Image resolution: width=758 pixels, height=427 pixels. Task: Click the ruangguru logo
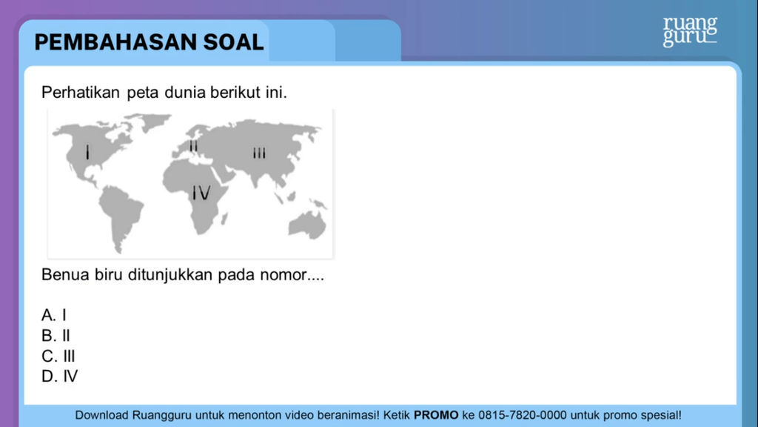coord(690,31)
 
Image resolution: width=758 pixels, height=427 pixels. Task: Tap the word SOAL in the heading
coord(233,42)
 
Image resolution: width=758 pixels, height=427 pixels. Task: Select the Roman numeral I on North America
coord(87,153)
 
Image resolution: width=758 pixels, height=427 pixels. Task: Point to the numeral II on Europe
coord(193,146)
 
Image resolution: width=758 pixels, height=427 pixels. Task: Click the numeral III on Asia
coord(259,154)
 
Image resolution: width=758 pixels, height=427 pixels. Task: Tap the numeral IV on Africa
coord(201,193)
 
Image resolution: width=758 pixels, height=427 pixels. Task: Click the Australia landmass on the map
coord(307,225)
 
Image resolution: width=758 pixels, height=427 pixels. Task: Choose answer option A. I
coord(53,315)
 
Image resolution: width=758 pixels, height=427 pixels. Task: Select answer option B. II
coord(56,336)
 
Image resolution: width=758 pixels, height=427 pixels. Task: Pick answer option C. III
coord(58,357)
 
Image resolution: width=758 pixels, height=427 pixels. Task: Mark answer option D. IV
coord(59,376)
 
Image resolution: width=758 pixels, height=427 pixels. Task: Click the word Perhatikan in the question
coord(80,92)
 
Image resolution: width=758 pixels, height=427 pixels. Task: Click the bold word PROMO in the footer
coord(436,415)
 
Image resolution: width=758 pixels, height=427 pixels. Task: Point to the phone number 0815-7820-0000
coord(522,415)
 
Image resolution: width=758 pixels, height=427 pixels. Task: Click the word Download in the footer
coord(101,415)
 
